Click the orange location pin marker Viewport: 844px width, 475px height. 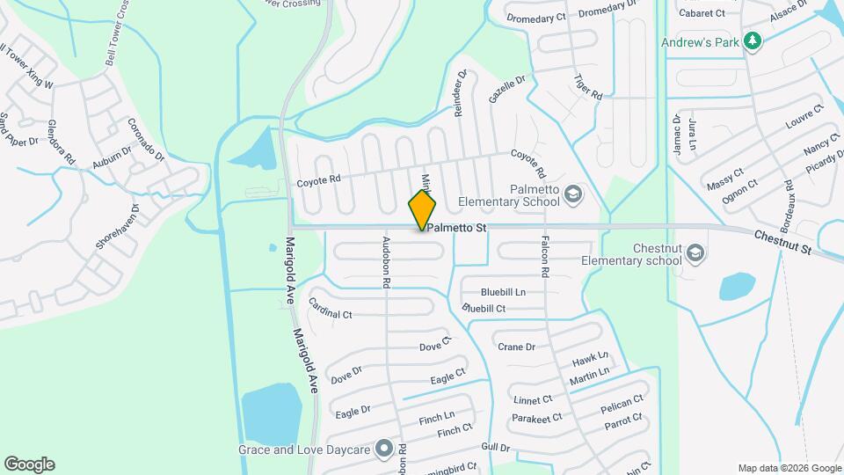(x=423, y=209)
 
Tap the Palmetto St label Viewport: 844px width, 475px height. (x=457, y=229)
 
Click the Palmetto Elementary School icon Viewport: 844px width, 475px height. (x=573, y=193)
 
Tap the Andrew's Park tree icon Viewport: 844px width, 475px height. (x=752, y=40)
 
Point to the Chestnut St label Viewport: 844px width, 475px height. (x=782, y=244)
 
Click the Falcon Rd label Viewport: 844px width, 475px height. (x=545, y=258)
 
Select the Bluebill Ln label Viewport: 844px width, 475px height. (x=503, y=292)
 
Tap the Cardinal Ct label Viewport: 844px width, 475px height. (x=331, y=308)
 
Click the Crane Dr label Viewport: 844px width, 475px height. (x=516, y=347)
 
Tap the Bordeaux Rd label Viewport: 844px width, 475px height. (x=788, y=200)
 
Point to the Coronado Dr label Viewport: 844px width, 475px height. (x=147, y=140)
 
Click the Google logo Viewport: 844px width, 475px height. (x=29, y=464)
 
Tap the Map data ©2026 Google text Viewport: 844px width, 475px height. (x=788, y=468)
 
